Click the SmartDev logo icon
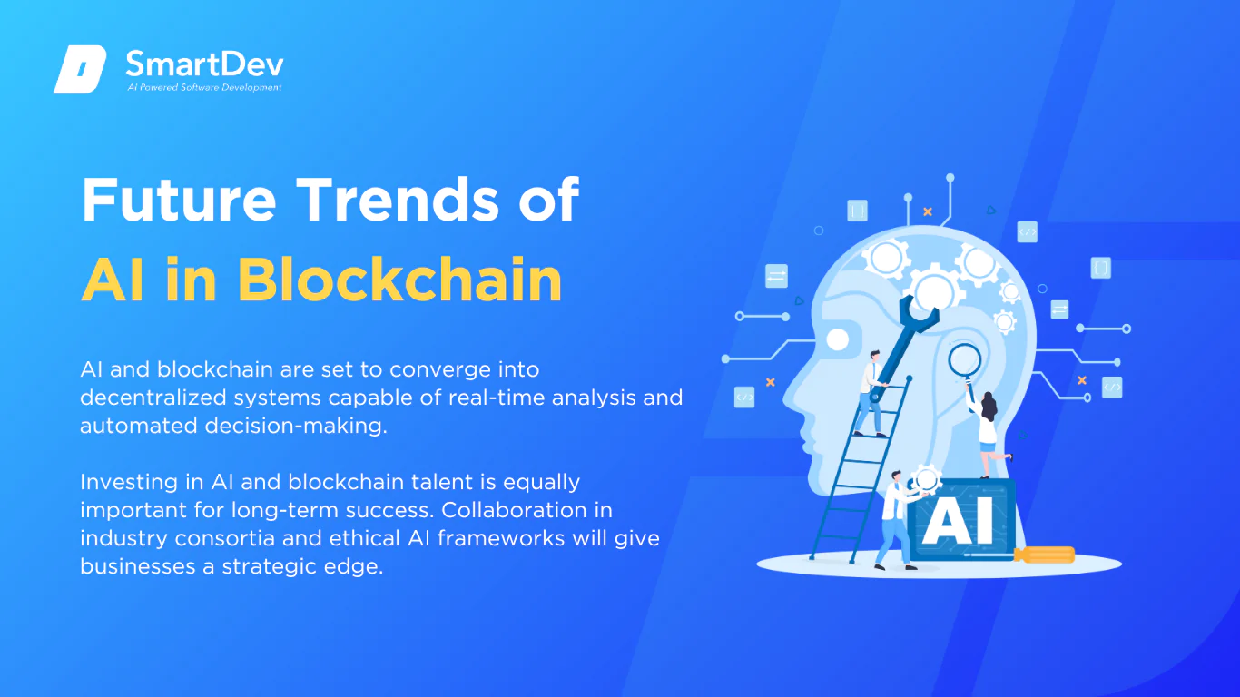80,69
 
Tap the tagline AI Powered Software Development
205,87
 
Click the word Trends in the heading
398,200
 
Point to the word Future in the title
179,200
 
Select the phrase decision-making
296,427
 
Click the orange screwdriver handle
1045,555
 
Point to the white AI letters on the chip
959,522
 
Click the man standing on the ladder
871,393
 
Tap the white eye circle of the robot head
837,340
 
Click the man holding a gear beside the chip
898,519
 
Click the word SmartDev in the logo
205,64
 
